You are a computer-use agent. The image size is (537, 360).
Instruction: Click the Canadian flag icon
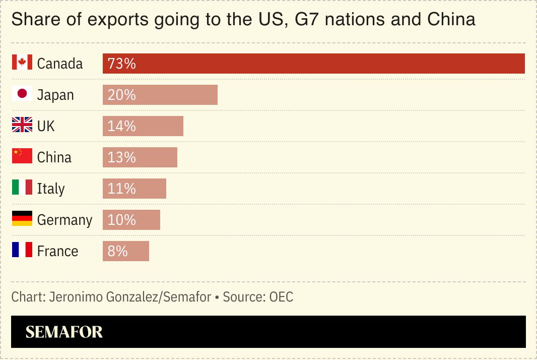click(22, 63)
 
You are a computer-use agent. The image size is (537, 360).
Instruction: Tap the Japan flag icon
click(22, 94)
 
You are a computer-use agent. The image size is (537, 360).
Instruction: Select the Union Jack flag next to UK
click(22, 126)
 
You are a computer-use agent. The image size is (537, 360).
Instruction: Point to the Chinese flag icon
click(22, 157)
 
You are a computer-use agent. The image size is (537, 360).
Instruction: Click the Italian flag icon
click(22, 188)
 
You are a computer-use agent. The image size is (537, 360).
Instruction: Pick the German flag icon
click(22, 219)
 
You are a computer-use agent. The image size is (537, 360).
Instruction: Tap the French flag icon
click(22, 251)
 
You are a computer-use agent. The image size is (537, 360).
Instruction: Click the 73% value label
click(121, 64)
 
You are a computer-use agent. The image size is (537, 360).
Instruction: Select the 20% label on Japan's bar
click(121, 95)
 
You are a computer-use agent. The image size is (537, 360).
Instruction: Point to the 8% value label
click(117, 251)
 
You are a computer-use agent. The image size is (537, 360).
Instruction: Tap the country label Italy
click(51, 189)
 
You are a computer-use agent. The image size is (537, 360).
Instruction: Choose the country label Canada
click(60, 64)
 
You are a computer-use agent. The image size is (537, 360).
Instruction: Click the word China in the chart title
click(451, 19)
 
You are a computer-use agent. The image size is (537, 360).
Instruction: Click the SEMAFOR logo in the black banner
click(64, 332)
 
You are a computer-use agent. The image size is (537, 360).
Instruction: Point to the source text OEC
click(281, 297)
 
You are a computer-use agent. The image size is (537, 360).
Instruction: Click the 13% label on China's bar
click(121, 157)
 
